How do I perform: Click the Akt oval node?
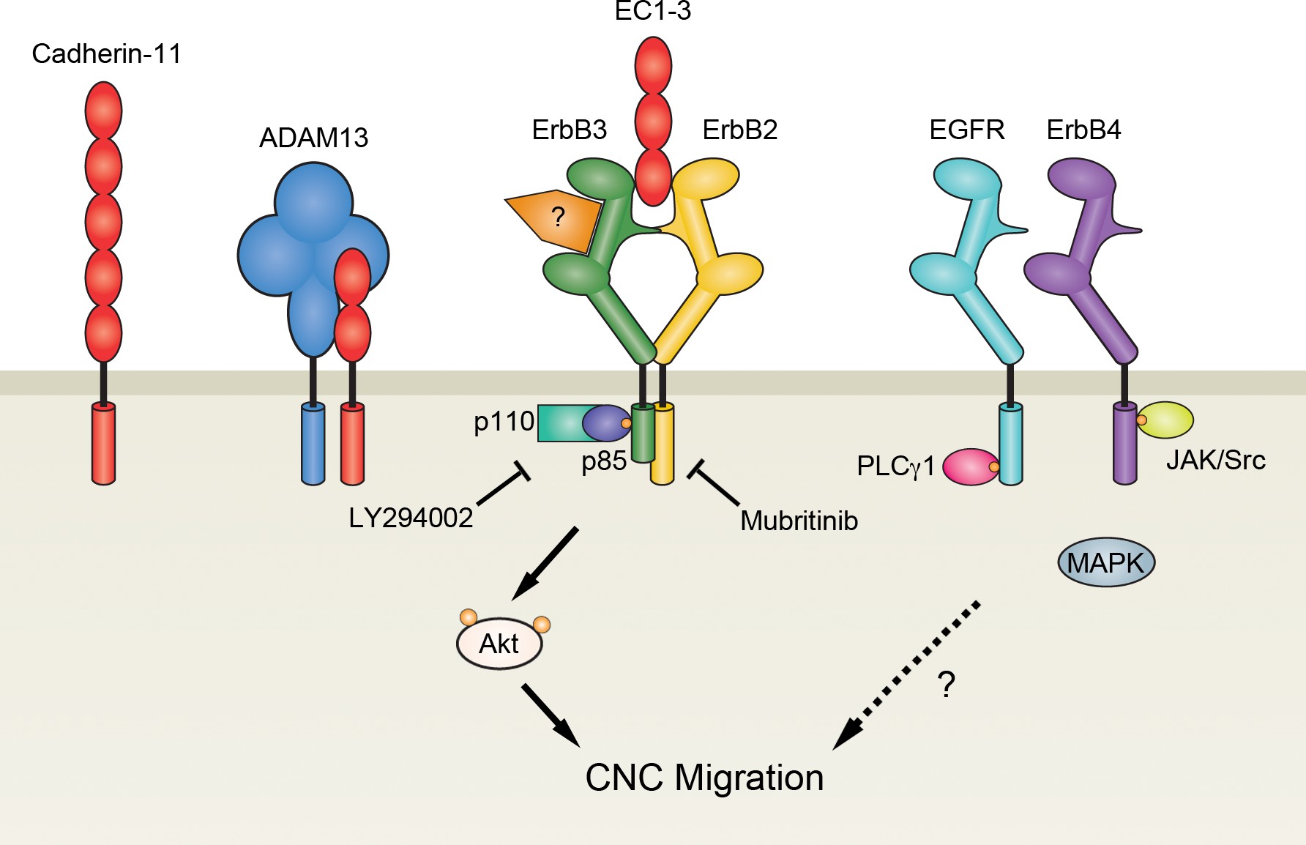499,644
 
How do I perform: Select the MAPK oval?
1106,563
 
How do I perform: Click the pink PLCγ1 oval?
968,467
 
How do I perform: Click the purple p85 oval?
605,422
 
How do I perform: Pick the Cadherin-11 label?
107,54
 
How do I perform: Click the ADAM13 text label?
313,138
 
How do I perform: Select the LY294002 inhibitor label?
411,518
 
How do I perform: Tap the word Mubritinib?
799,521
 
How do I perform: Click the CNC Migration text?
704,778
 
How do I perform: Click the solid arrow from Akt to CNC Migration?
550,715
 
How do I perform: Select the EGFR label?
966,130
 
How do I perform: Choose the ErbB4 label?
1083,130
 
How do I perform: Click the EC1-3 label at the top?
652,11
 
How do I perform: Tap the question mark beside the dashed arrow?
947,685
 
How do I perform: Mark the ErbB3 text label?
569,130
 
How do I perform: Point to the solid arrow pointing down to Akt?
545,563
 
